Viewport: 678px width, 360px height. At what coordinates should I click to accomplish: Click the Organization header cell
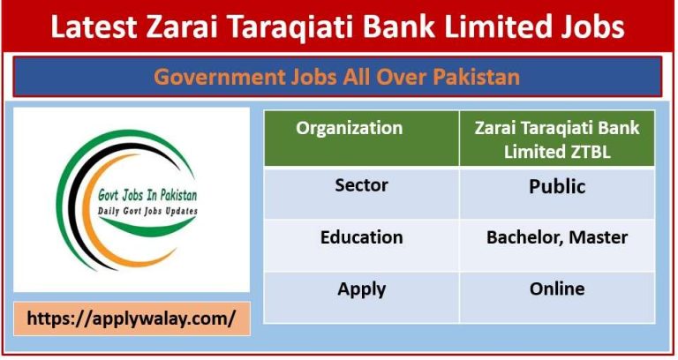click(349, 129)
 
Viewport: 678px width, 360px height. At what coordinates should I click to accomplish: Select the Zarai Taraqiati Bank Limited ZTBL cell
click(557, 139)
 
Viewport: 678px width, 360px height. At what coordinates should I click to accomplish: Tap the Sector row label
click(361, 187)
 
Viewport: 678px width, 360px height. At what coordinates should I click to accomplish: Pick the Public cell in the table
click(557, 187)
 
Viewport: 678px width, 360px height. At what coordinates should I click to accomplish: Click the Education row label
click(361, 237)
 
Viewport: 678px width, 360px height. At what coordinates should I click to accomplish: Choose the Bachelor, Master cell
click(557, 237)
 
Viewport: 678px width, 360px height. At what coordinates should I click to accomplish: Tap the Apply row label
click(361, 289)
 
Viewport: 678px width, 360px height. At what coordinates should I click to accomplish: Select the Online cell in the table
click(557, 289)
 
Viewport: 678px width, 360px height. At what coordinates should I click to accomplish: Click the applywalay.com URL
click(131, 319)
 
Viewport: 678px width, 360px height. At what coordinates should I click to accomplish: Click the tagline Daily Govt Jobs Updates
click(146, 213)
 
